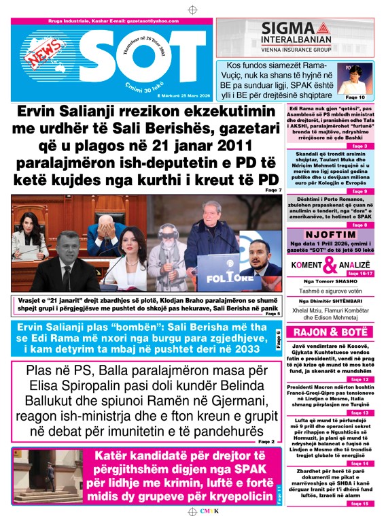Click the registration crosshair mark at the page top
tap(192, 10)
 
